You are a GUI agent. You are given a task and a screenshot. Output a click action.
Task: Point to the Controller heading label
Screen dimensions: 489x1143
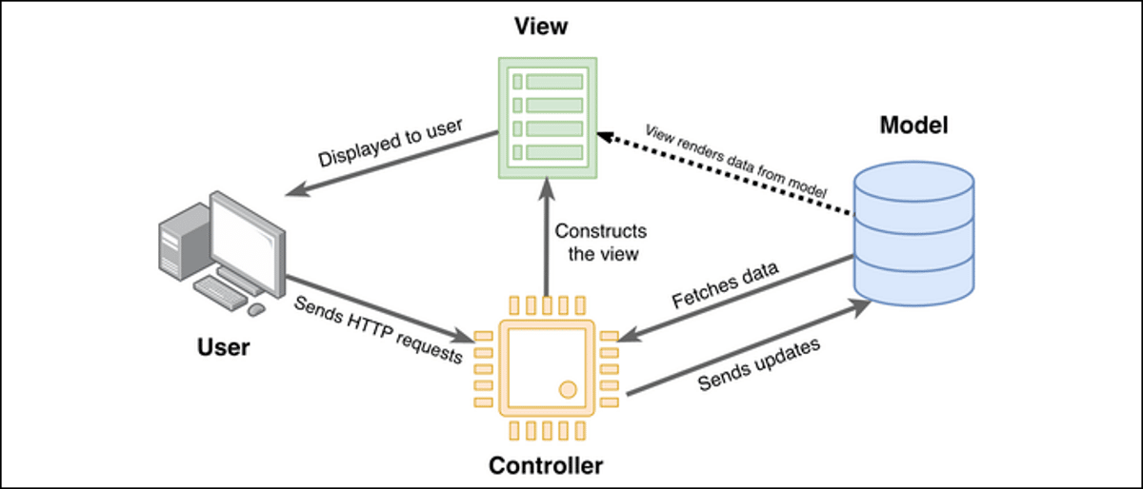pyautogui.click(x=546, y=465)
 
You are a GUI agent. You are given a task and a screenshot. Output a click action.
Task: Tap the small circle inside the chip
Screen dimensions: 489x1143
pyautogui.click(x=568, y=388)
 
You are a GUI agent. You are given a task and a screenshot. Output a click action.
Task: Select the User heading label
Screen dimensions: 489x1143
pyautogui.click(x=223, y=346)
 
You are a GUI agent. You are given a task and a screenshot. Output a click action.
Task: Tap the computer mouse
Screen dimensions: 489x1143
pyautogui.click(x=256, y=309)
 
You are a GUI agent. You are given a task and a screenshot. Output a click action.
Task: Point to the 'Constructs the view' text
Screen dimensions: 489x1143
pyautogui.click(x=600, y=242)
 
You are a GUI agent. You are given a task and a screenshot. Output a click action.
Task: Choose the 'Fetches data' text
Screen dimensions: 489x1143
pyautogui.click(x=725, y=285)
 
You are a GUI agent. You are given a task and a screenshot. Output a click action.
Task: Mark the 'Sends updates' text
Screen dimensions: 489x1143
pyautogui.click(x=759, y=364)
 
